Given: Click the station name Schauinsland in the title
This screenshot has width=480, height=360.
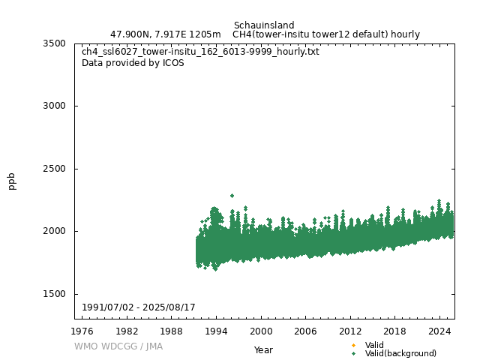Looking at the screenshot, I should click(264, 25).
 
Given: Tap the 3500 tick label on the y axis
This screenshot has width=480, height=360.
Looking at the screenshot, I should click(54, 43).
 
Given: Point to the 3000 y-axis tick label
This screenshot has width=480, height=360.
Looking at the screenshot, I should click(54, 106).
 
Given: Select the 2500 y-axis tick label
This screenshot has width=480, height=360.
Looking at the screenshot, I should click(54, 169).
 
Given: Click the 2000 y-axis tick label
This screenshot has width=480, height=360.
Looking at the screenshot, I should click(54, 231).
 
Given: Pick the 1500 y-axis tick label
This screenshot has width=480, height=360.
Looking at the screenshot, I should click(54, 294).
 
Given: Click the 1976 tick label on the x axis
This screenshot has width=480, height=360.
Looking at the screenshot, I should click(82, 331).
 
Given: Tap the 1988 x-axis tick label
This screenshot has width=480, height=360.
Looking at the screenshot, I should click(172, 331).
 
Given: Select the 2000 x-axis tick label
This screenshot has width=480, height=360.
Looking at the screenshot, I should click(261, 331).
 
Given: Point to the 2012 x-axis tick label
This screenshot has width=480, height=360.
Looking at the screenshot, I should click(350, 331).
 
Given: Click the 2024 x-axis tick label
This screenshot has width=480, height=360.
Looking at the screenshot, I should click(439, 331).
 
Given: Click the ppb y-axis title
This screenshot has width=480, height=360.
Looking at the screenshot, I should click(12, 181).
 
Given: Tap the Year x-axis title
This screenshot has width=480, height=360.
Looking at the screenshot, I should click(263, 349).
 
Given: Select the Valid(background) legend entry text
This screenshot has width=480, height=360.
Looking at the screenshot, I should click(400, 353).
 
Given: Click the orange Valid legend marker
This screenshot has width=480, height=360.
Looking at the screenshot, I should click(353, 345).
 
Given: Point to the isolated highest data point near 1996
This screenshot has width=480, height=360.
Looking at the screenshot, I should click(232, 196).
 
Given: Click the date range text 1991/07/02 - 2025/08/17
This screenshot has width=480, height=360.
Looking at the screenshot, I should click(139, 308).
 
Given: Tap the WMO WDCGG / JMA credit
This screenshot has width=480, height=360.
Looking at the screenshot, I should click(118, 346).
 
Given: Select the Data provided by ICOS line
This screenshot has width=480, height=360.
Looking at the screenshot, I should click(133, 63).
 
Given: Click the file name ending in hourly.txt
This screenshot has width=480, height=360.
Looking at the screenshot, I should click(200, 52).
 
